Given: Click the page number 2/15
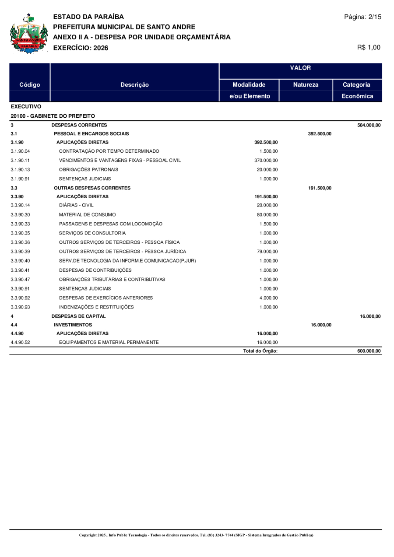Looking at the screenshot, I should pos(362,17).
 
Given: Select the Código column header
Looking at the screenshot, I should pos(30,85).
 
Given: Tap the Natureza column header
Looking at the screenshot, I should pos(306,85).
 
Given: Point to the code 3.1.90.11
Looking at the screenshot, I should pos(20,160).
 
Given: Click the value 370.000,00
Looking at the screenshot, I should pos(266,160).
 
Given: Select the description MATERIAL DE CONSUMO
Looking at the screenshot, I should pos(88,214).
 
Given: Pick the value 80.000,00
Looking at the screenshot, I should pos(267,214).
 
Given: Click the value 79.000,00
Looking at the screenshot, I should pos(267,252).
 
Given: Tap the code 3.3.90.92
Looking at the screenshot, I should pos(20,298).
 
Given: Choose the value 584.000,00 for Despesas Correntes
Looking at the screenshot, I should pos(369,125).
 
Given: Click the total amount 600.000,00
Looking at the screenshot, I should pos(369,351).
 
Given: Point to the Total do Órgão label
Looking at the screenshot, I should pos(260,351).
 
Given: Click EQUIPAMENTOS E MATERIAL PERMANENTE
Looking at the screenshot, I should pos(109,342).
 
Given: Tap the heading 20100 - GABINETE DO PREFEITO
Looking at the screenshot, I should pos(53,116).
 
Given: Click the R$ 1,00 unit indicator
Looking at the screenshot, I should pos(369,47).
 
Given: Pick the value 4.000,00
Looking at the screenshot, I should pos(268,298).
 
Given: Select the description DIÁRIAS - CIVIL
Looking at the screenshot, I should pos(76,205).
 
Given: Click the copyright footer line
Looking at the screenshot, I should pos(196,535).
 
